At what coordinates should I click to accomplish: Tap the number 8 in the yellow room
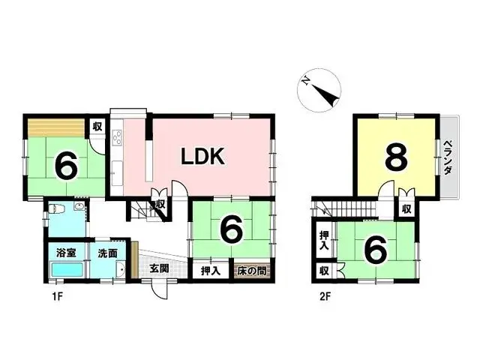(397, 158)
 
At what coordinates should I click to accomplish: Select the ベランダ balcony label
(448, 157)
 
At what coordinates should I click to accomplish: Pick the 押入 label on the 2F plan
(323, 241)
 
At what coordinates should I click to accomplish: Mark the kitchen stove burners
(117, 138)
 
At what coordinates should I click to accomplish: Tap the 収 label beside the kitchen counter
(97, 127)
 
